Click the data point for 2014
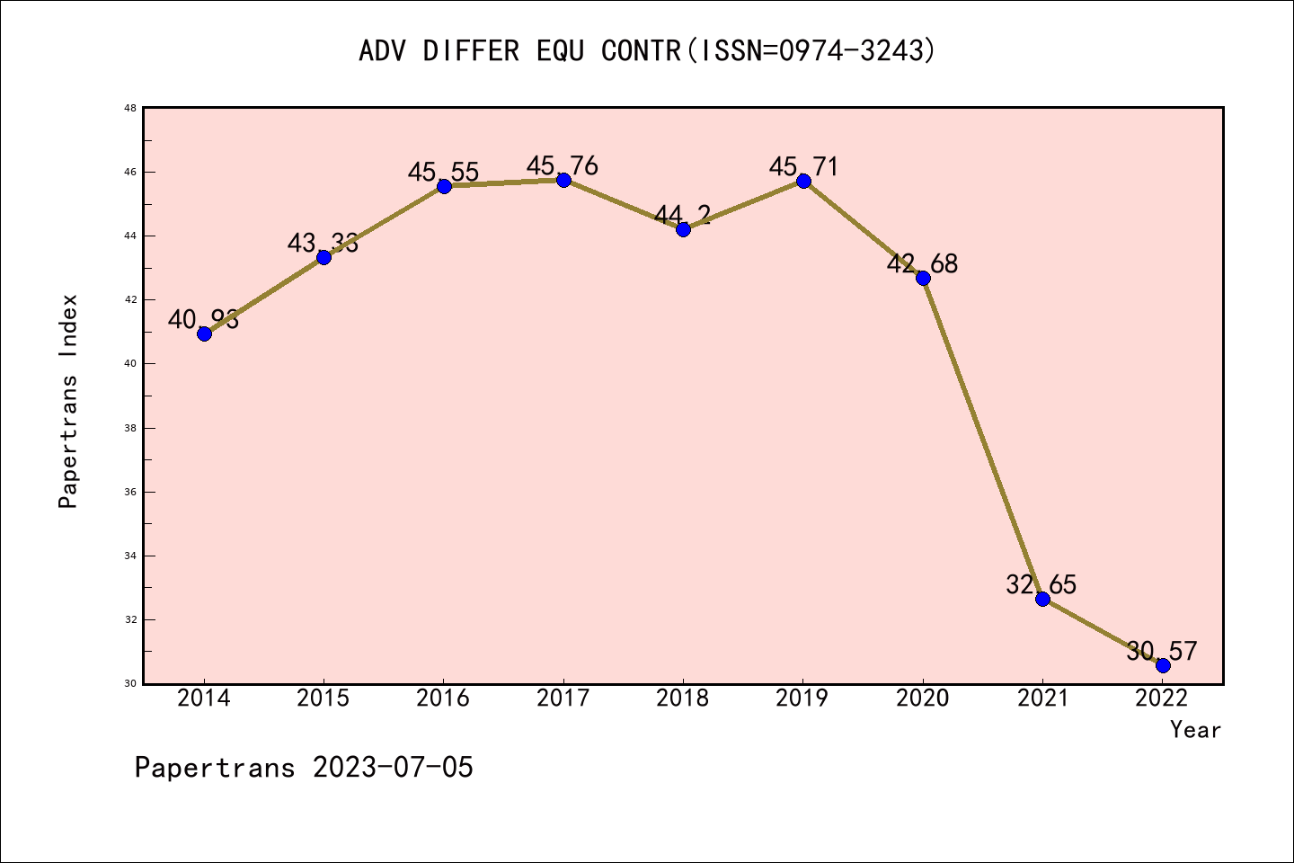(204, 334)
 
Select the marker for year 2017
(563, 180)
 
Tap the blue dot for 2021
(1042, 599)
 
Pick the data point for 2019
(803, 181)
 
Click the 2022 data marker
(1163, 665)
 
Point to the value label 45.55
(443, 172)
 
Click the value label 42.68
(922, 264)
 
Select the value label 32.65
(1041, 585)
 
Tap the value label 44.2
(682, 215)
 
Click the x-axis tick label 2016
(443, 698)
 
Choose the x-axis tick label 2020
(922, 698)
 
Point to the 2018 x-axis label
(683, 698)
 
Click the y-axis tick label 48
(130, 109)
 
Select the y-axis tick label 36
(130, 493)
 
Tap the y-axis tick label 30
(130, 684)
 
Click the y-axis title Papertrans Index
(69, 401)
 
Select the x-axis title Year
(1195, 730)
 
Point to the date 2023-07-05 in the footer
(393, 768)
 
